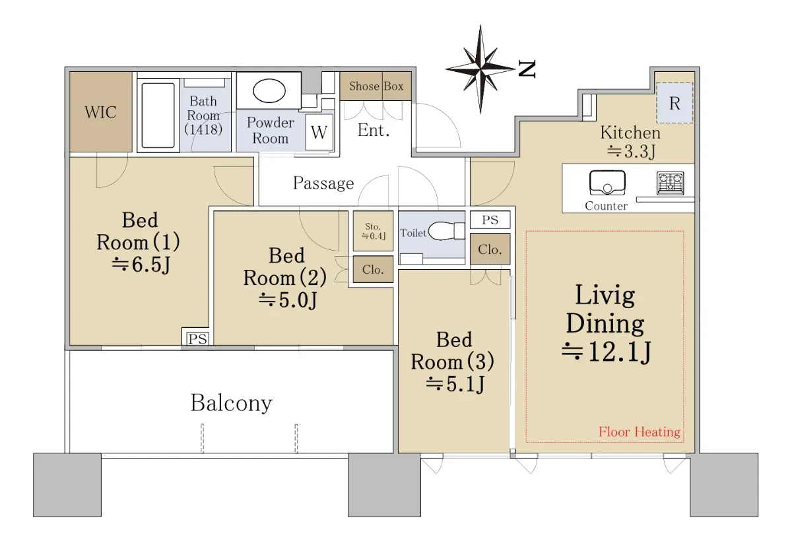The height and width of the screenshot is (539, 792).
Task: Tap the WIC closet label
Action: (x=100, y=112)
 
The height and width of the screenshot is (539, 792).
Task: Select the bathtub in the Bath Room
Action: (x=158, y=115)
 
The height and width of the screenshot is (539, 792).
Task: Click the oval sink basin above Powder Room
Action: (x=269, y=91)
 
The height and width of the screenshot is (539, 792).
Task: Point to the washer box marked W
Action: (x=319, y=132)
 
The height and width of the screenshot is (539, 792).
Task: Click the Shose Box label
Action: (x=376, y=86)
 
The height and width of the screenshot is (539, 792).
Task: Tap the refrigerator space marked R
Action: (x=675, y=103)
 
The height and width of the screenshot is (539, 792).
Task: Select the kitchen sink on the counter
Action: (x=607, y=183)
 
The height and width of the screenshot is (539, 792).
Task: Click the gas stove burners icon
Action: (x=670, y=183)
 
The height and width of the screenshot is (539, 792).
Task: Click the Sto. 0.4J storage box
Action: (x=373, y=231)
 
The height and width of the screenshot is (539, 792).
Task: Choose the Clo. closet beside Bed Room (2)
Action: (x=373, y=270)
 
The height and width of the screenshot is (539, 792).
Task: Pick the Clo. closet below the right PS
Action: (x=490, y=249)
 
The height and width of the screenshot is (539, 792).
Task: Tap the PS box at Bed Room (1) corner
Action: (x=197, y=338)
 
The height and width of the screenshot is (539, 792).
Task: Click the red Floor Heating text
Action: (x=640, y=432)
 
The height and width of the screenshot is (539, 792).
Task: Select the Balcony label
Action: (x=232, y=403)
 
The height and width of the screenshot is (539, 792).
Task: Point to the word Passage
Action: (x=323, y=183)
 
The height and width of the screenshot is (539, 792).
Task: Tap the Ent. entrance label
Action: (x=374, y=130)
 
